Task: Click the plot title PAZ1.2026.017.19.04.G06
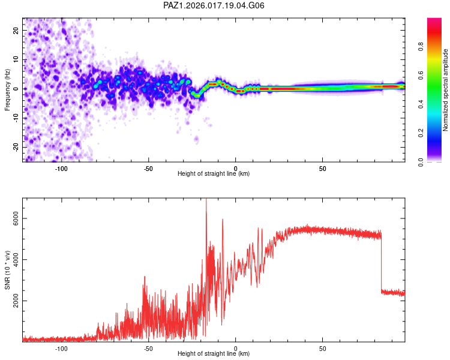(214, 5)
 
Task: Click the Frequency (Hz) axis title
(7, 89)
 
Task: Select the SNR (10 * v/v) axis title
(7, 270)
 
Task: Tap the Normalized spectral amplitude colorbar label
(445, 90)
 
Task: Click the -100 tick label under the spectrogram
(61, 168)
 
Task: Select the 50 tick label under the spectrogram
(322, 168)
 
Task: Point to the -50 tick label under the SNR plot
(148, 348)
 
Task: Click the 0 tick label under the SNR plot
(236, 348)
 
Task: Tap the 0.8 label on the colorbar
(421, 47)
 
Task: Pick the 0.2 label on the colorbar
(421, 133)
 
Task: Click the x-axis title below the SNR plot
(214, 354)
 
